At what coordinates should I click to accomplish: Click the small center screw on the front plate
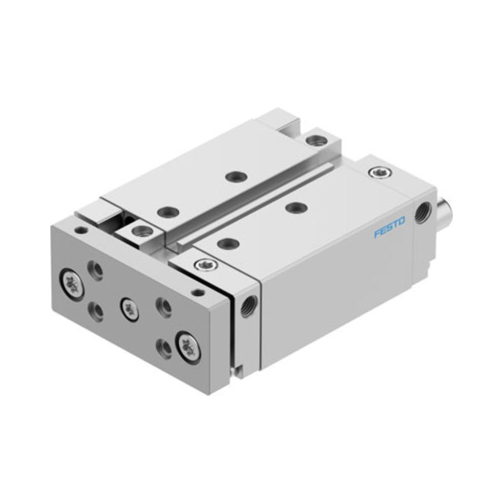(x=129, y=309)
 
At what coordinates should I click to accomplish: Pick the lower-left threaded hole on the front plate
(x=96, y=311)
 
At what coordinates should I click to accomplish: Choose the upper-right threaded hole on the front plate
(x=163, y=307)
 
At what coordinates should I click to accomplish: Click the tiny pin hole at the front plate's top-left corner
(x=81, y=230)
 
